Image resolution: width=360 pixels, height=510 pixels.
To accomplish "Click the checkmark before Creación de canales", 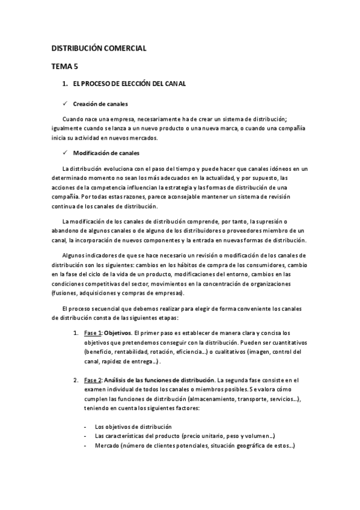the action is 65,104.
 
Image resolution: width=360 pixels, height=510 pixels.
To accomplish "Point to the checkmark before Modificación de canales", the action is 65,153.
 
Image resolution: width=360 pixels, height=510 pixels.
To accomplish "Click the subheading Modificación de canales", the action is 106,153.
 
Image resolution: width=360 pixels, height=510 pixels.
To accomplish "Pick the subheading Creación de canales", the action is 100,104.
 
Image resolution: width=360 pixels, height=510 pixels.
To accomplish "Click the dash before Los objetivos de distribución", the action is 85,426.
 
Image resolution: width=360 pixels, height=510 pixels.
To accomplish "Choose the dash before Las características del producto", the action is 85,437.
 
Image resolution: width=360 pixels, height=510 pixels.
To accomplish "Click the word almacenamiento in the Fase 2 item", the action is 195,400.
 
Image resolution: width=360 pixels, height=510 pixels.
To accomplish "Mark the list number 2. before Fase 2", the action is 76,381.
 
